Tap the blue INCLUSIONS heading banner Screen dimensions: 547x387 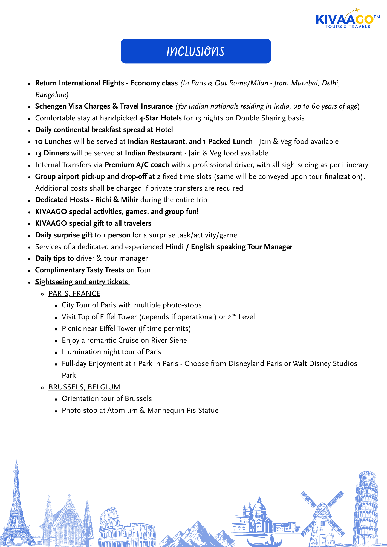click(x=196, y=51)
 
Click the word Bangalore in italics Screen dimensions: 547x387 click(x=52, y=95)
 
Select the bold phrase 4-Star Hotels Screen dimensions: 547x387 click(x=160, y=118)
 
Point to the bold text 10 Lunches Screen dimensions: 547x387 click(x=53, y=141)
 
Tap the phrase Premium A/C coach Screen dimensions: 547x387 click(x=137, y=165)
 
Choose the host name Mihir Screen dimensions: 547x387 click(x=129, y=200)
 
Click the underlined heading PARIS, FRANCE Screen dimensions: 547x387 click(x=74, y=293)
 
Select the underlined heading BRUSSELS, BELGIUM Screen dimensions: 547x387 click(x=84, y=387)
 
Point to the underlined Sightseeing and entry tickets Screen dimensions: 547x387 click(x=82, y=282)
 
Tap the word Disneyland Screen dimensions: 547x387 click(x=246, y=363)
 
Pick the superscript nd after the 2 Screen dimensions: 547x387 click(x=234, y=315)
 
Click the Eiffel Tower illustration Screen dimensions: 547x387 click(x=16, y=506)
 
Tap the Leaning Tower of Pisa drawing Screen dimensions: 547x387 click(x=366, y=509)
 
